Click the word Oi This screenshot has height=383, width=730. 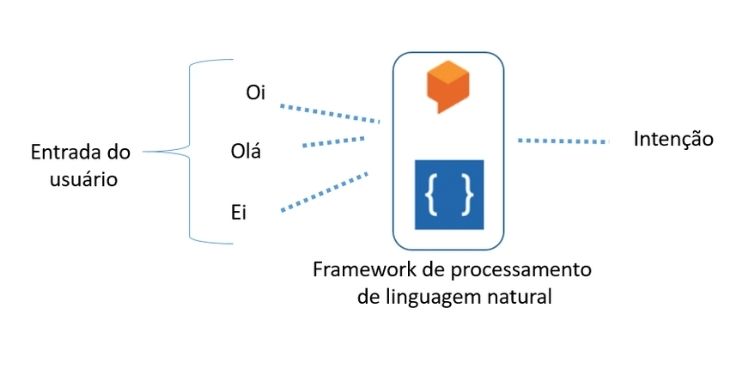click(x=255, y=94)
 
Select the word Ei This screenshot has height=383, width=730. click(x=239, y=212)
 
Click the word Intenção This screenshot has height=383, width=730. click(x=673, y=140)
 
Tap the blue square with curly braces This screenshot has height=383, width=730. click(x=447, y=195)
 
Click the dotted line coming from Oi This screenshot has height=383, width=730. click(x=329, y=112)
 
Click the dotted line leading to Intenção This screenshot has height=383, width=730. click(x=563, y=141)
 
